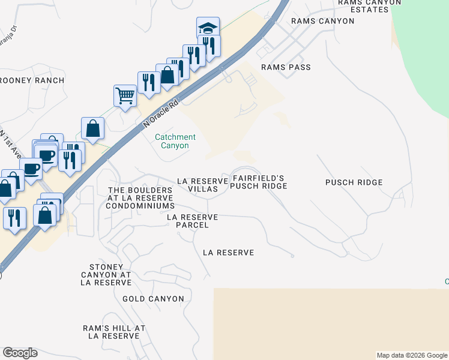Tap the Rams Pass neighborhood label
[286, 67]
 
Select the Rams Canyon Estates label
[369, 6]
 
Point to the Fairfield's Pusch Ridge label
[259, 182]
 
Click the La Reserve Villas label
[203, 185]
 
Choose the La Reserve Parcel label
[192, 221]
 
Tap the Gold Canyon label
[150, 298]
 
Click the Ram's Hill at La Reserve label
[114, 332]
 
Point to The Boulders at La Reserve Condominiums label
[140, 198]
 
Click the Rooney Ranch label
[32, 80]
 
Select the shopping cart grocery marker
[125, 95]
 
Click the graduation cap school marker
[208, 28]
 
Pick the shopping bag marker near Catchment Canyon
[93, 128]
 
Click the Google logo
[20, 353]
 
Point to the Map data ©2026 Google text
[412, 355]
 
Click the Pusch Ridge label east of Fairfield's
[354, 182]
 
